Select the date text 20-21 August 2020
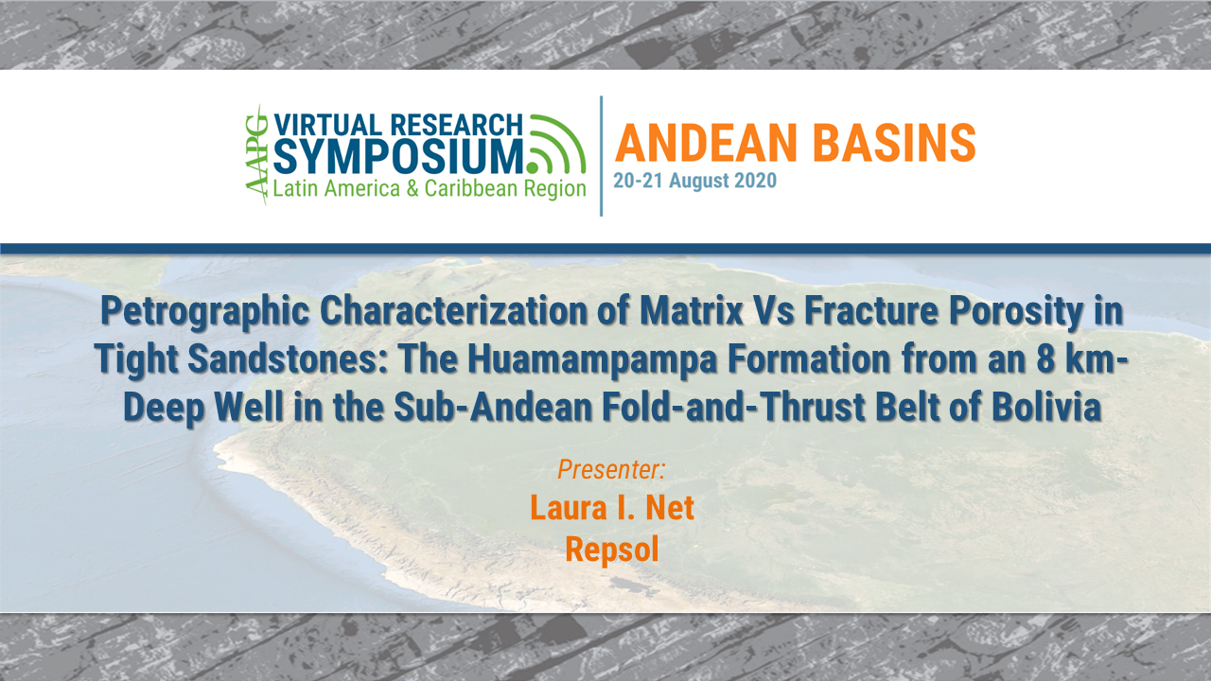(x=694, y=181)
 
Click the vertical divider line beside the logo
(x=602, y=156)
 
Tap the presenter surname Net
(x=670, y=508)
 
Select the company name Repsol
(x=611, y=549)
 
